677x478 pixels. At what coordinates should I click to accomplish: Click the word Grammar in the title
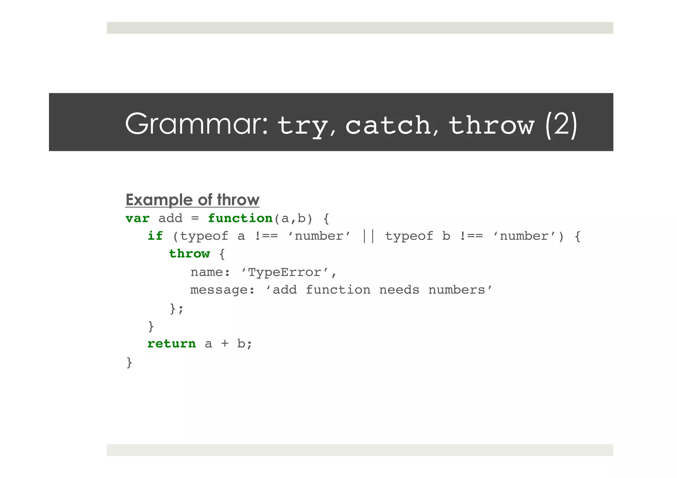coord(196,124)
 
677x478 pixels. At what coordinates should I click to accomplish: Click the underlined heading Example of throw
coord(192,200)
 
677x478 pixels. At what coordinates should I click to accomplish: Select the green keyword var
coord(138,218)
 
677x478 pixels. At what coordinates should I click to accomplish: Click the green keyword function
coord(240,218)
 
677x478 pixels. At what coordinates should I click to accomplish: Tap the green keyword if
coord(155,236)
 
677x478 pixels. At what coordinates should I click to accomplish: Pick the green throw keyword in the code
coord(189,254)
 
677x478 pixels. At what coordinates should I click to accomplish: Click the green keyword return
coord(172,344)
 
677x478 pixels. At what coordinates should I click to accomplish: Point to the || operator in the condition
coord(368,236)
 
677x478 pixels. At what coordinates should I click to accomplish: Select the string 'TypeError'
coord(285,272)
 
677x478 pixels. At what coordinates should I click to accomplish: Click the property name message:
coord(222,290)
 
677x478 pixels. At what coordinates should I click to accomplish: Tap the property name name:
coord(210,272)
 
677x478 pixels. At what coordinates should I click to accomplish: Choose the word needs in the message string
coord(399,290)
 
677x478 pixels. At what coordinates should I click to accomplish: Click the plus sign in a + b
coord(225,344)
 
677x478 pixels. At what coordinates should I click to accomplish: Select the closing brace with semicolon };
coord(177,309)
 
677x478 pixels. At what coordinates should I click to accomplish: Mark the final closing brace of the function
coord(129,362)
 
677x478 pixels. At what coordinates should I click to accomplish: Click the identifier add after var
coord(170,218)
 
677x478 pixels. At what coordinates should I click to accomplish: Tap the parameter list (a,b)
coord(293,218)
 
